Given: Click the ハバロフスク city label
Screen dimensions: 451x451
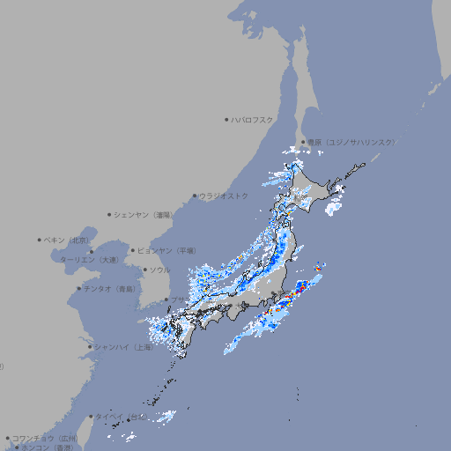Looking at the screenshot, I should click(253, 119).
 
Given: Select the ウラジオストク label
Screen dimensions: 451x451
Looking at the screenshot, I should click(224, 196).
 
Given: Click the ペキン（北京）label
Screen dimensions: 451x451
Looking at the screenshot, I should click(67, 240).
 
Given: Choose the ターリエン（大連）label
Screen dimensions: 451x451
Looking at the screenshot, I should click(88, 260).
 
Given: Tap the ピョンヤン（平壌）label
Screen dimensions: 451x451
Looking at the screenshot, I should click(166, 250).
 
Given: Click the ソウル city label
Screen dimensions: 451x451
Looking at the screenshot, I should click(159, 270).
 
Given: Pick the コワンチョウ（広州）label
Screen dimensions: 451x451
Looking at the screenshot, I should click(45, 438).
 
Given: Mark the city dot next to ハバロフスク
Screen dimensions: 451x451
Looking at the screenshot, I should click(226, 119).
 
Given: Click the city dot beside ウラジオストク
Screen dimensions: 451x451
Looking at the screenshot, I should click(195, 196).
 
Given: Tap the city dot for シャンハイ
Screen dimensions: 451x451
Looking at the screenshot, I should click(90, 347).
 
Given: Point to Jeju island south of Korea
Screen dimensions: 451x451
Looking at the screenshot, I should click(158, 322).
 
